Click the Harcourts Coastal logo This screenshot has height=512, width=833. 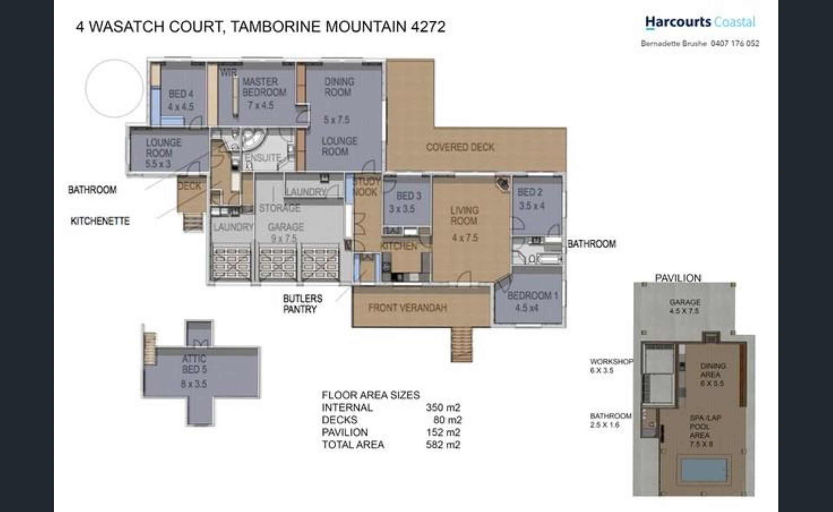tap(700, 22)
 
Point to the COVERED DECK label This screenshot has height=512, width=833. tap(460, 147)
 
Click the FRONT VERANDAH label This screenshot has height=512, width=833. tap(407, 308)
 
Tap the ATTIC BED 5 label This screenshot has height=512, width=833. tap(194, 364)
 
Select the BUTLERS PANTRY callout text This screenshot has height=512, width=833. tap(302, 304)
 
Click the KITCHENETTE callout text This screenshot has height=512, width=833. tap(100, 221)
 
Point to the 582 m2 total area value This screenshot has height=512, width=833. tap(443, 445)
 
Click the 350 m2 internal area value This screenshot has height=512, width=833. tap(443, 407)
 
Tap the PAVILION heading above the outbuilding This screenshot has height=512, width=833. tap(678, 278)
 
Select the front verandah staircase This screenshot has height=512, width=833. tap(461, 344)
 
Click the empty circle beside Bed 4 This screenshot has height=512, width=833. tap(114, 88)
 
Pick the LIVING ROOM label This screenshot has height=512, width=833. tap(464, 216)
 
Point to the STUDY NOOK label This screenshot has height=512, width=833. tap(366, 187)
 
